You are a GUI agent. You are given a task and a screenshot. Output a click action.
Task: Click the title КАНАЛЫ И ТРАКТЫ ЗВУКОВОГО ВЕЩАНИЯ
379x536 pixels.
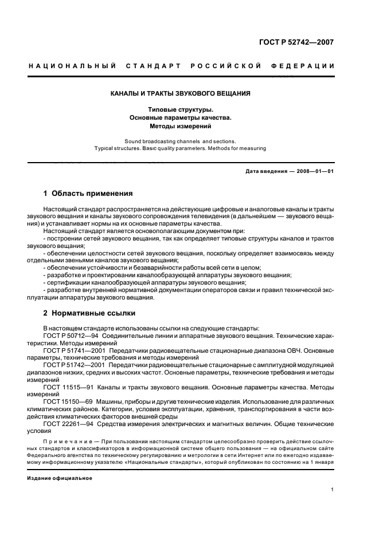[x=180, y=93]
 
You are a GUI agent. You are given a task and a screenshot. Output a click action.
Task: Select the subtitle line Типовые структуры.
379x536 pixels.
[x=180, y=109]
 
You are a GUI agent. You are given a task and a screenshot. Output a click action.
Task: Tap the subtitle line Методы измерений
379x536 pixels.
[x=180, y=125]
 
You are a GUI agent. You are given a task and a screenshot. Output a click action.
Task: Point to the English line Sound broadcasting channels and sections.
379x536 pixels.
[x=180, y=141]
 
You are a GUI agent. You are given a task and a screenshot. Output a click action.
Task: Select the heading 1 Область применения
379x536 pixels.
[x=88, y=194]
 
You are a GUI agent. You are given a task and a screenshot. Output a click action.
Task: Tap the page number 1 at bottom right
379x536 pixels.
[x=333, y=490]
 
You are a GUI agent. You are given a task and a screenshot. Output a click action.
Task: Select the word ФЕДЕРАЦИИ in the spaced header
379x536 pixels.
[x=307, y=66]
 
